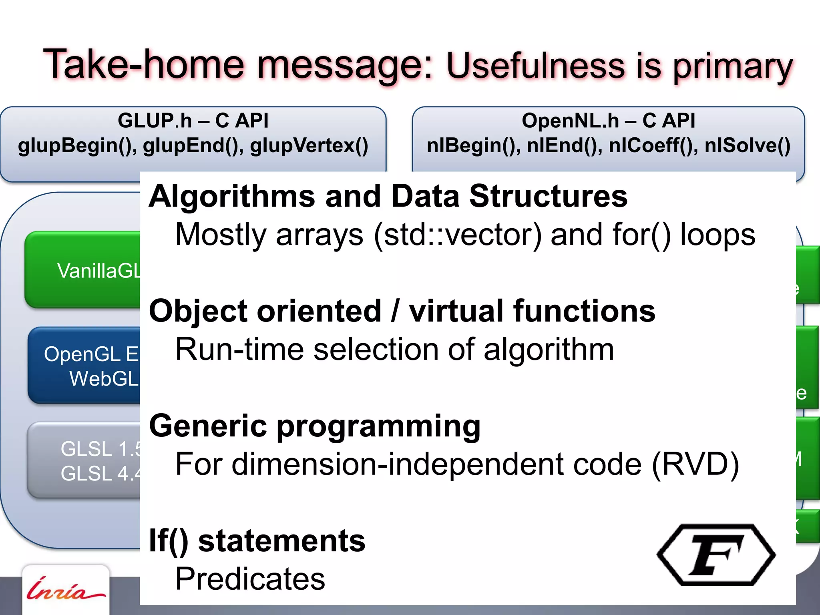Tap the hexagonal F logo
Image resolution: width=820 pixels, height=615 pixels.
tap(716, 555)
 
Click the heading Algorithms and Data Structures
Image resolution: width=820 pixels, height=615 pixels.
tap(388, 197)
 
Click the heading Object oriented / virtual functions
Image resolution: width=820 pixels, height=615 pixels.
tap(402, 312)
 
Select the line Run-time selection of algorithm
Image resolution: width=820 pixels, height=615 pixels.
tap(394, 350)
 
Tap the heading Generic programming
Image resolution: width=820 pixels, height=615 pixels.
tap(315, 426)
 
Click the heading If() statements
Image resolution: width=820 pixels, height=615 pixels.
tap(257, 541)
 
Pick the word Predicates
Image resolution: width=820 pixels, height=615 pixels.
tap(250, 579)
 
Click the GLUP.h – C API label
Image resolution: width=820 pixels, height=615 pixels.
tap(193, 121)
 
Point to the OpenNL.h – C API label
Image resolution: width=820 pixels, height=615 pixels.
tap(608, 121)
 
